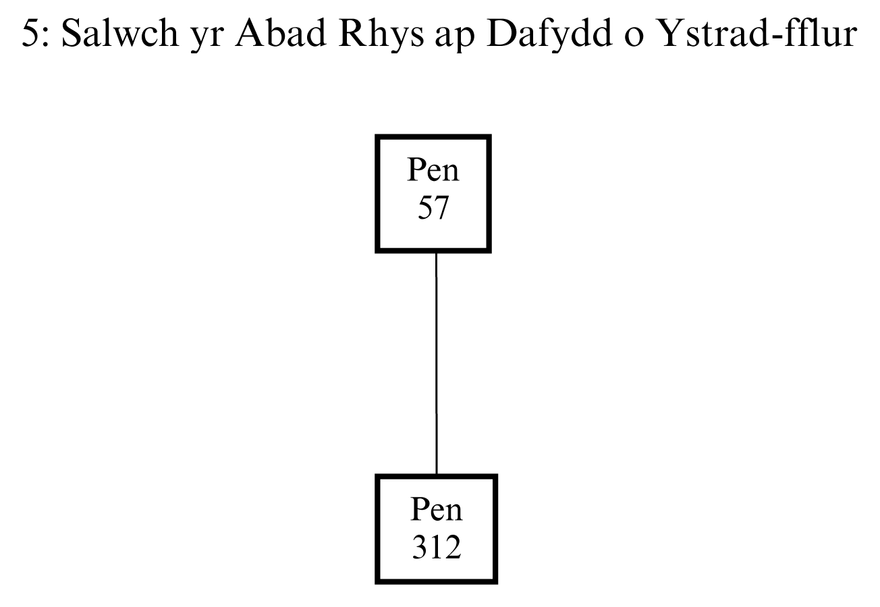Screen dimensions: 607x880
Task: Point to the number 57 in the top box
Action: point(433,209)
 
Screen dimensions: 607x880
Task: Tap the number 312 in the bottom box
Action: point(436,548)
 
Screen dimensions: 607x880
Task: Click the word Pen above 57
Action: point(433,171)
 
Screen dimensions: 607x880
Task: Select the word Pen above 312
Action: point(436,510)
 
